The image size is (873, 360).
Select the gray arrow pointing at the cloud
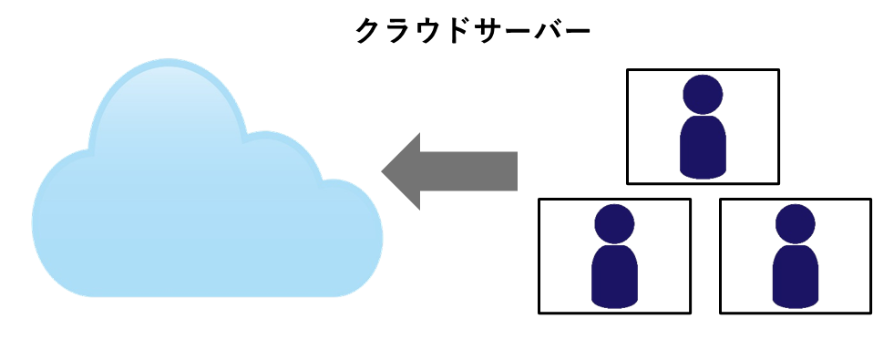pyautogui.click(x=456, y=171)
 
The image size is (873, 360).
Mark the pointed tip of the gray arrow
pyautogui.click(x=384, y=171)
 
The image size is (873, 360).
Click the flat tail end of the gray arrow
pyautogui.click(x=515, y=171)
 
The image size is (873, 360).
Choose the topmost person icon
pyautogui.click(x=703, y=128)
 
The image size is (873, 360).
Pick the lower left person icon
pyautogui.click(x=614, y=257)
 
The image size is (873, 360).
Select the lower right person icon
pyautogui.click(x=795, y=257)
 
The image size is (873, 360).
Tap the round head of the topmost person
pyautogui.click(x=703, y=93)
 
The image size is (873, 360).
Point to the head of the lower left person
pyautogui.click(x=614, y=222)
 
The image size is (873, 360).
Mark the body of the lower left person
pyautogui.click(x=614, y=275)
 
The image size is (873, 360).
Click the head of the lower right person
pyautogui.click(x=795, y=222)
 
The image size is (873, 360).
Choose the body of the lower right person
pyautogui.click(x=795, y=275)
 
